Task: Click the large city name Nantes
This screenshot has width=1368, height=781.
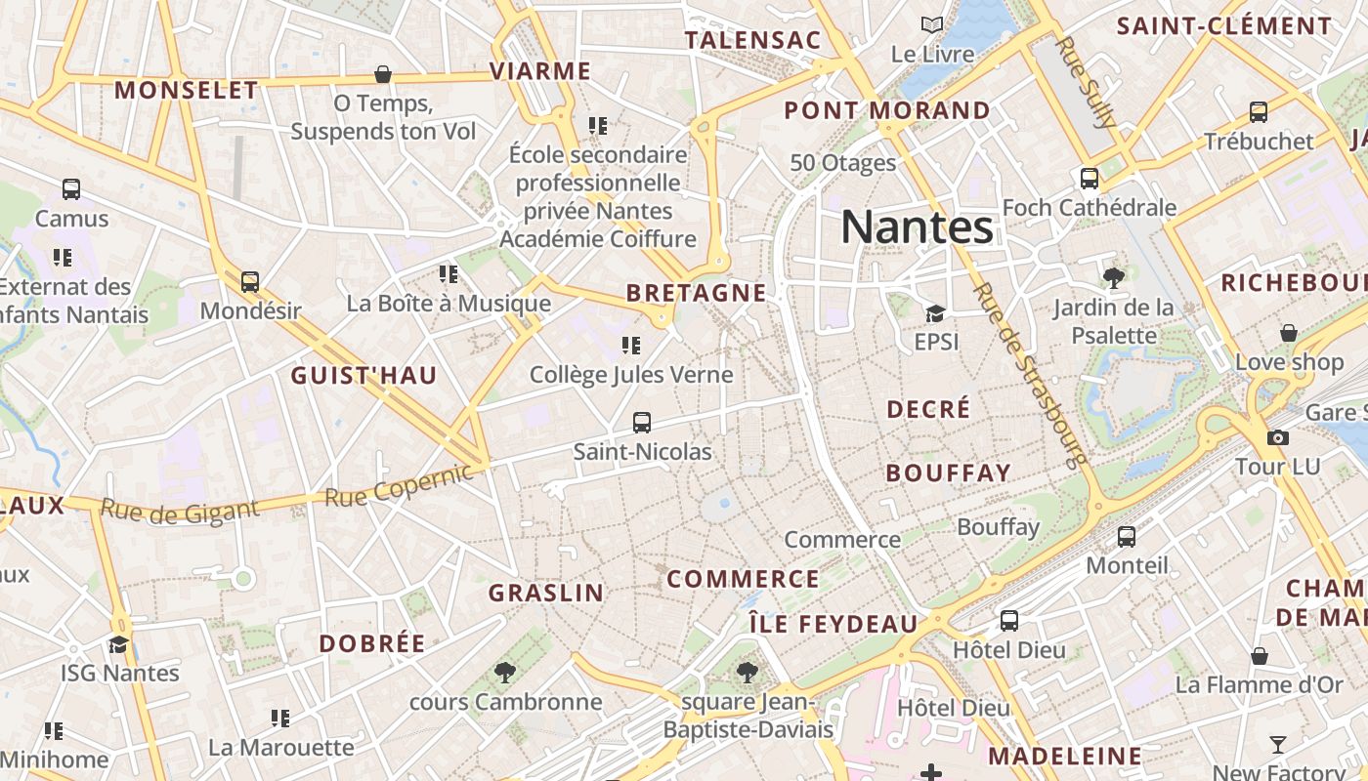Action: coord(918,226)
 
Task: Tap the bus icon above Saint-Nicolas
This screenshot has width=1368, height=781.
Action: coord(642,423)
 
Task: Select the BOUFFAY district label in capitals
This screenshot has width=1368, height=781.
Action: coord(948,473)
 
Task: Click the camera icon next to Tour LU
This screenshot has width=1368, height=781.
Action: coord(1277,437)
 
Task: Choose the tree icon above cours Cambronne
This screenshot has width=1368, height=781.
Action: coord(505,672)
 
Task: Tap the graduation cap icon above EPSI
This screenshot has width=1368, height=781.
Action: coord(935,313)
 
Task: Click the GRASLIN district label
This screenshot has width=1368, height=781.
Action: coord(546,593)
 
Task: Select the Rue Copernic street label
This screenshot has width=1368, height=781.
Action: coord(399,485)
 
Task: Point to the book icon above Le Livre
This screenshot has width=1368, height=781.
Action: coord(932,24)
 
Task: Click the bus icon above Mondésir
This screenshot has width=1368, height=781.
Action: coord(250,282)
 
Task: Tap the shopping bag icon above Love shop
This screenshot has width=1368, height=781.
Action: coord(1289,333)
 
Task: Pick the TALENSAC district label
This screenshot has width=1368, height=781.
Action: coord(752,40)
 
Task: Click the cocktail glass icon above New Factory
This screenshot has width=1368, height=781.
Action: coord(1278,745)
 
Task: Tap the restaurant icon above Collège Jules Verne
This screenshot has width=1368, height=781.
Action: coord(631,346)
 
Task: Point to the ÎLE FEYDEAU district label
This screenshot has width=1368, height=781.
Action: coord(834,624)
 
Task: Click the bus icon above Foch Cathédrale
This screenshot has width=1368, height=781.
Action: coord(1090,179)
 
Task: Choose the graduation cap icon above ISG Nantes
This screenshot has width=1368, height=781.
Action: coord(119,644)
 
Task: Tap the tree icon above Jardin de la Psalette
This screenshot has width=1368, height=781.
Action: coord(1113,278)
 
